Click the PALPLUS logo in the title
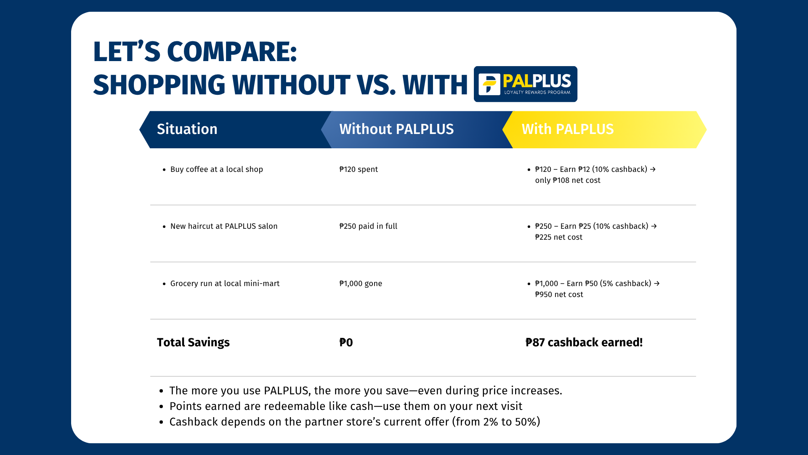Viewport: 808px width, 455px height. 525,84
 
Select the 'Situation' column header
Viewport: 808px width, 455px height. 187,129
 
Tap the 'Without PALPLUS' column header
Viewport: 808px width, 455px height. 396,129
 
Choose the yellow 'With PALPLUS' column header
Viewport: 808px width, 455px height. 568,129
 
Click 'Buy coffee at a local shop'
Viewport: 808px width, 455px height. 217,169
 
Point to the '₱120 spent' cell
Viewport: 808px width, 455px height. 359,169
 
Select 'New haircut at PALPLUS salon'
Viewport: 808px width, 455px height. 224,226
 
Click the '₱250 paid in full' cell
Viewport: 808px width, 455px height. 368,226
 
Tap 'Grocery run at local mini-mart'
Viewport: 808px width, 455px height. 225,284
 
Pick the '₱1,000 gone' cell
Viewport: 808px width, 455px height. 361,284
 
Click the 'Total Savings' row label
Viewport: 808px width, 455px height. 193,343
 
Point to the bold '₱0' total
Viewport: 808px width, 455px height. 346,343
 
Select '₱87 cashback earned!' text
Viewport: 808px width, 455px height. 584,343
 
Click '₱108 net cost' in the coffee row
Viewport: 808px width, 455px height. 577,180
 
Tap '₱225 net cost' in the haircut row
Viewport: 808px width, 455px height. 559,237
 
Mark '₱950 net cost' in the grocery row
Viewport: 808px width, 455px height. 559,294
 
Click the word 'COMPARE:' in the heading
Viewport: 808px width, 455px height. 232,52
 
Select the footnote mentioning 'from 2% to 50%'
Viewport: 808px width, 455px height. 355,422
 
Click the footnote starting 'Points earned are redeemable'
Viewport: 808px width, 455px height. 346,406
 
